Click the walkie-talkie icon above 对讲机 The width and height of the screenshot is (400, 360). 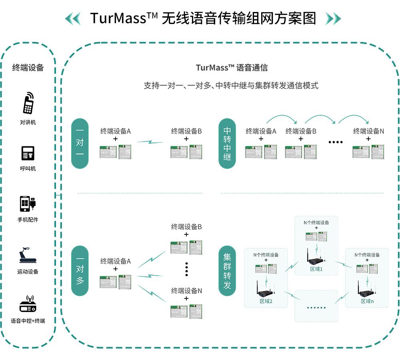[28, 103]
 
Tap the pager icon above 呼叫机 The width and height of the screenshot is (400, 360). [28, 153]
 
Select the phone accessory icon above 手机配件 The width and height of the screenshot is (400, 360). [28, 204]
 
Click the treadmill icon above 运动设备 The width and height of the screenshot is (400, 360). [28, 256]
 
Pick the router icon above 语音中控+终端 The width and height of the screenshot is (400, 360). [28, 305]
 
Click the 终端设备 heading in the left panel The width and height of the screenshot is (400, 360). [28, 68]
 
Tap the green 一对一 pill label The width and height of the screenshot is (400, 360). [80, 143]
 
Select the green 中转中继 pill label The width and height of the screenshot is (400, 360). [227, 143]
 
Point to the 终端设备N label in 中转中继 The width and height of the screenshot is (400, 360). [368, 131]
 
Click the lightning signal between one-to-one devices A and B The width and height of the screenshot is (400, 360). [150, 142]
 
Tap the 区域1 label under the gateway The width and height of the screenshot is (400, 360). [316, 269]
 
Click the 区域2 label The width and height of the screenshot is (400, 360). [266, 301]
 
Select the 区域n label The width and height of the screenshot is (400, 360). [367, 301]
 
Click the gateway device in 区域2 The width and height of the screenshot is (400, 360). [264, 289]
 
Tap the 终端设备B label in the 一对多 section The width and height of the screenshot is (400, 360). [186, 227]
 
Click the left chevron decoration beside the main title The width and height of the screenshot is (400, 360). [72, 18]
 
